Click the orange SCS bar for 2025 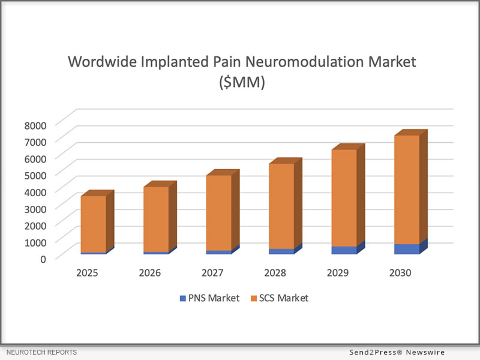(x=94, y=223)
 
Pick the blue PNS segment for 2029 (x=344, y=250)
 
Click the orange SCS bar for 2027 (x=218, y=212)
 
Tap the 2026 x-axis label (x=150, y=272)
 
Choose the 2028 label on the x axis (x=275, y=272)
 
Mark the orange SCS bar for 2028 (x=281, y=205)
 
